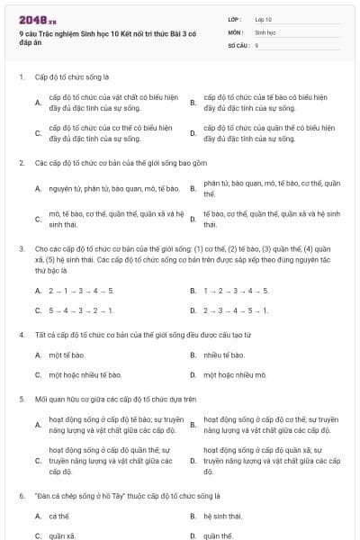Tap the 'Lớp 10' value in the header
pyautogui.click(x=263, y=19)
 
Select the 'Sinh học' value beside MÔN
pyautogui.click(x=265, y=31)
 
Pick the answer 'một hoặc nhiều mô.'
pyautogui.click(x=232, y=374)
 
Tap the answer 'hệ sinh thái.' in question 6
pyautogui.click(x=223, y=516)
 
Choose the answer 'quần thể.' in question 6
pyautogui.click(x=219, y=535)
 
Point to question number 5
pyautogui.click(x=22, y=398)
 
